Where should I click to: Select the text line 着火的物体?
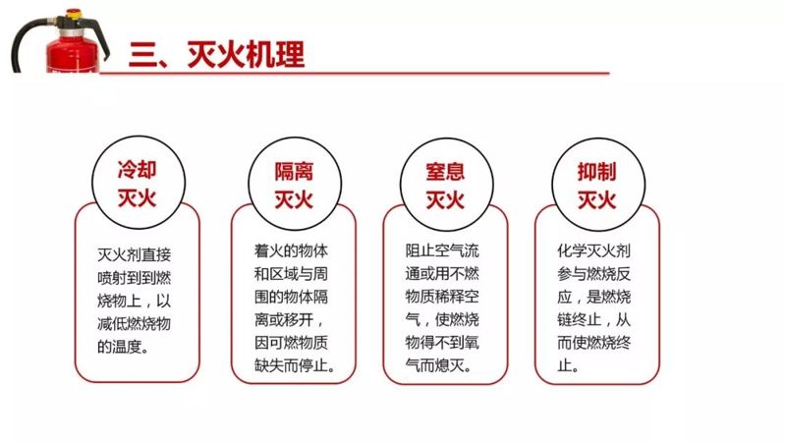point(285,250)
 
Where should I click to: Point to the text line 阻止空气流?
point(444,250)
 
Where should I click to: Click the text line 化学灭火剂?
point(596,250)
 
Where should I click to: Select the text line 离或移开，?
point(284,320)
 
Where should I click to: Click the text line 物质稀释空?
point(444,297)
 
